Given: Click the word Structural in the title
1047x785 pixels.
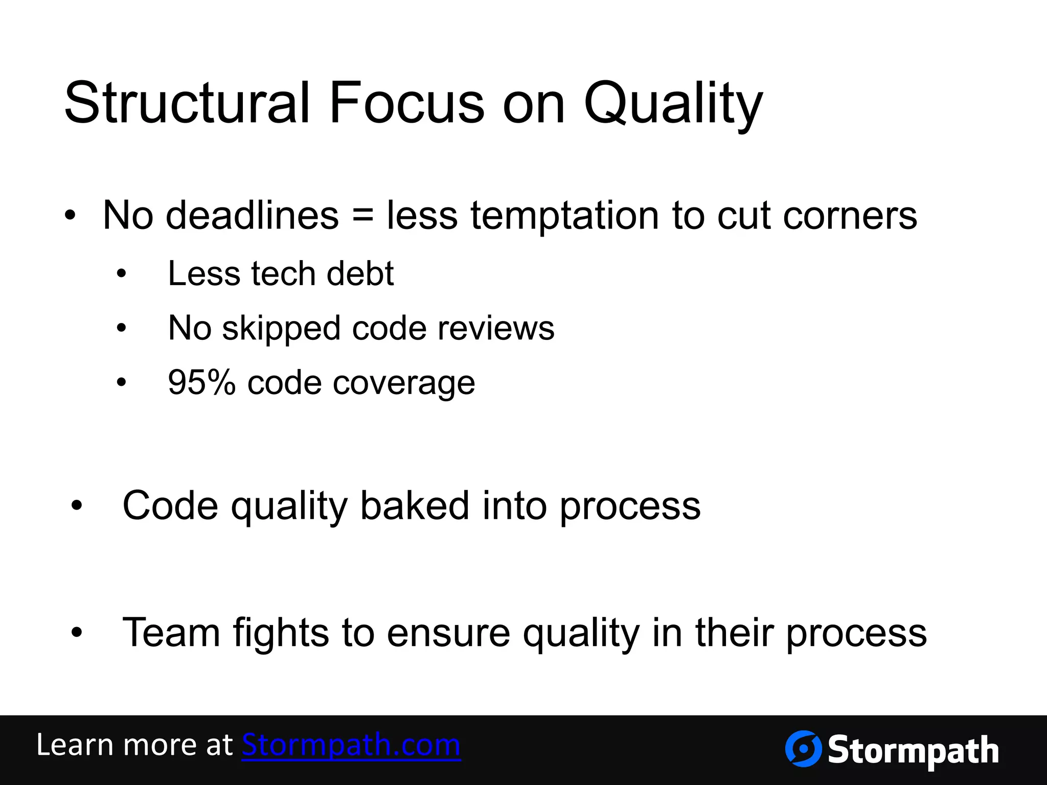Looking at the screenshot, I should (187, 103).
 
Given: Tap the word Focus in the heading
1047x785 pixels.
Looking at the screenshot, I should (406, 103).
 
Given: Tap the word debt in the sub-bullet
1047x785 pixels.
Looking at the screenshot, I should (360, 274).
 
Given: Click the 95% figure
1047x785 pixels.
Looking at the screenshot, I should (201, 383).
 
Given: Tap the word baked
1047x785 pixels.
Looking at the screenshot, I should (415, 506).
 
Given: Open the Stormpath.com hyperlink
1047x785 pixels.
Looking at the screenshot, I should (351, 745).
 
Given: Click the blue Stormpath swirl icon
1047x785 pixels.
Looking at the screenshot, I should (803, 749).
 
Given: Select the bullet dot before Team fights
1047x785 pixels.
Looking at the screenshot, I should (77, 633).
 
